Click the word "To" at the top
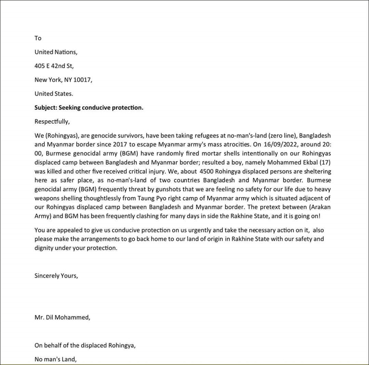pyautogui.click(x=38, y=38)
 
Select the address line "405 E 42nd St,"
pyautogui.click(x=54, y=66)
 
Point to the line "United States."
pyautogui.click(x=54, y=93)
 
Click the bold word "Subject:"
pyautogui.click(x=45, y=107)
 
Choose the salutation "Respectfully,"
pyautogui.click(x=52, y=121)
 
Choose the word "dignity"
pyautogui.click(x=45, y=248)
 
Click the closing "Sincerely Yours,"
pyautogui.click(x=56, y=275)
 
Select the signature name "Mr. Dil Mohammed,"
pyautogui.click(x=62, y=317)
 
